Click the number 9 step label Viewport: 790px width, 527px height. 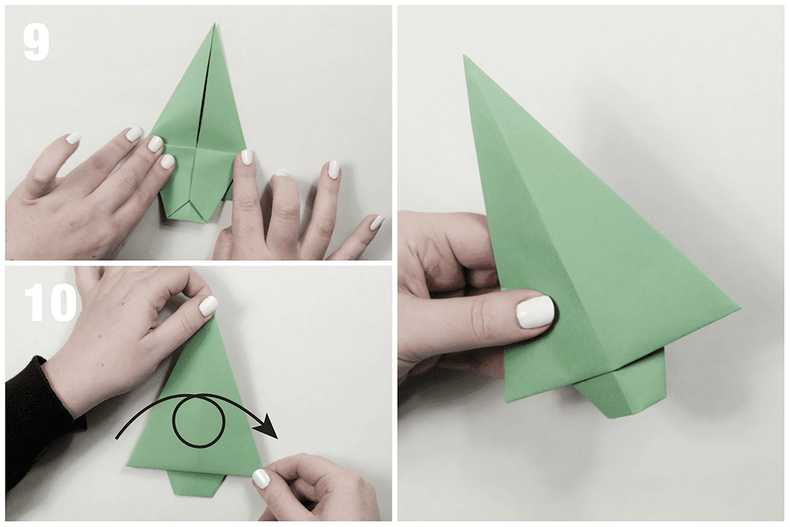click(36, 43)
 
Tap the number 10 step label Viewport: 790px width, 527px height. click(50, 302)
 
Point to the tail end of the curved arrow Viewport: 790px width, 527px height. click(117, 437)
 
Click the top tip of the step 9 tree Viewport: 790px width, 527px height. click(214, 23)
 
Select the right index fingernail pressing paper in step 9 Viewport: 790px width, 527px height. click(246, 157)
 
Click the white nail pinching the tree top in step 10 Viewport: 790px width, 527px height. click(208, 306)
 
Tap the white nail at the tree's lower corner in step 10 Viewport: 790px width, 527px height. click(260, 478)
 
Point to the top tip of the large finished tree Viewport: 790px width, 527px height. click(464, 56)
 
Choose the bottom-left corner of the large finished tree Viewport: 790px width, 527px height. click(506, 400)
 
